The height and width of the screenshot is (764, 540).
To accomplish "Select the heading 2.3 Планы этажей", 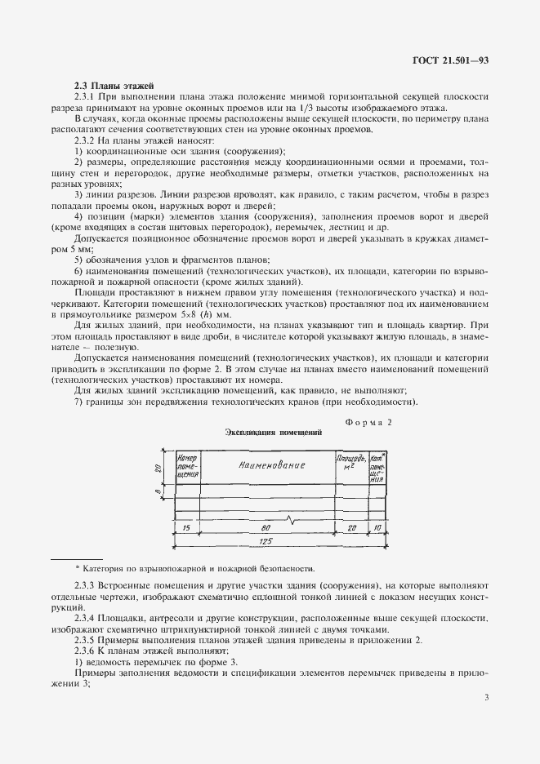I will (x=109, y=85).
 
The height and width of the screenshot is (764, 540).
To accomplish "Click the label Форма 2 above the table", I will (x=368, y=423).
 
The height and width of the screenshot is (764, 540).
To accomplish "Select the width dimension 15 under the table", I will (x=186, y=528).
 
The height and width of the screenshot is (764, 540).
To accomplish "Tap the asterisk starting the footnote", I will (x=78, y=567).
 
